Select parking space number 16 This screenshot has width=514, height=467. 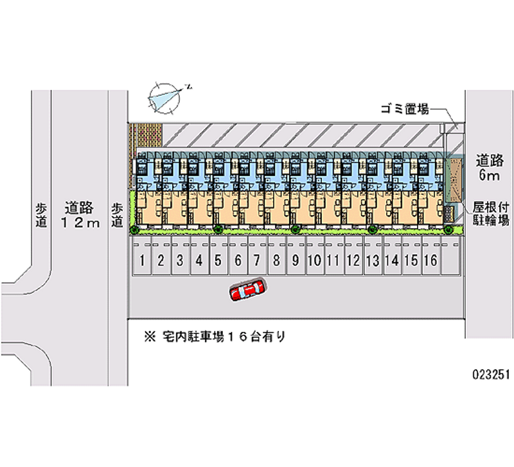click(430, 260)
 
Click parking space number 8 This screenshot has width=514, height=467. click(276, 260)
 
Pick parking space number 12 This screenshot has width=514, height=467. click(352, 260)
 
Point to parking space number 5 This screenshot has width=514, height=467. click(218, 260)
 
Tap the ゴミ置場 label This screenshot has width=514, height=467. click(404, 110)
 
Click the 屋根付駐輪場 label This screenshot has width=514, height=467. click(492, 214)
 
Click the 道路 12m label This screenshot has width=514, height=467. click(80, 215)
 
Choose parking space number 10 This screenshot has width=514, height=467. click(314, 260)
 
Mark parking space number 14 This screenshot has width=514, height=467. click(392, 260)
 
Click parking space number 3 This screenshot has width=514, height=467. click(181, 260)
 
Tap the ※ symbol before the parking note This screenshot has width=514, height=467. click(150, 335)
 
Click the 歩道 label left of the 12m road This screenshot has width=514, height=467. click(41, 215)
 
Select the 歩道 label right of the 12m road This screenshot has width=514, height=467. click(117, 215)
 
